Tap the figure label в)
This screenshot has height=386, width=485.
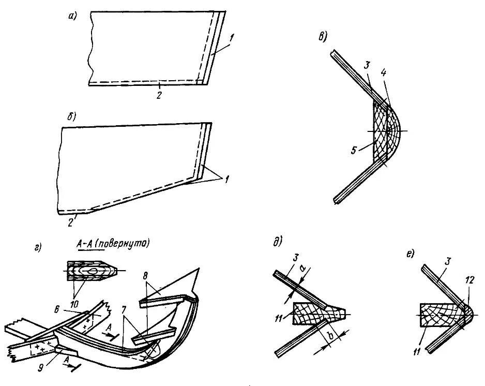(323, 36)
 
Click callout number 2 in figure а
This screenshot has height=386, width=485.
(160, 96)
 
